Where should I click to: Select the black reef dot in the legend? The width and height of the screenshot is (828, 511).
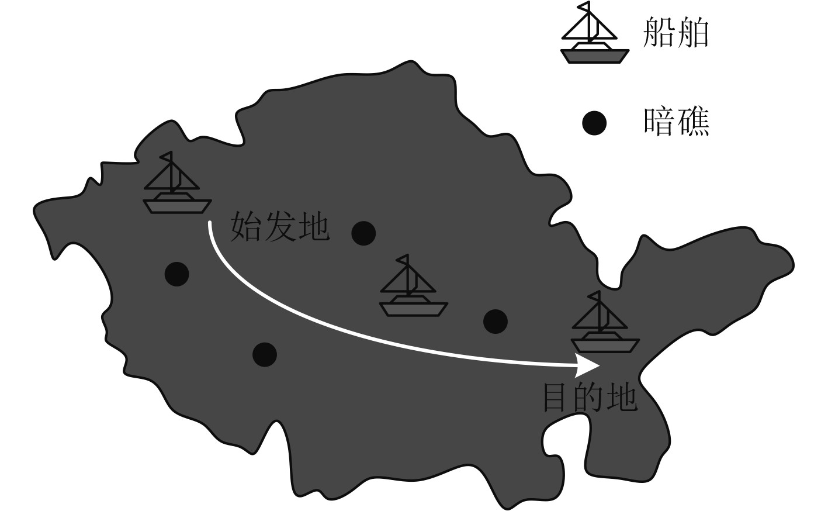point(594,123)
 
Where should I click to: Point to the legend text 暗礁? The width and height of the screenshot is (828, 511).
point(676,122)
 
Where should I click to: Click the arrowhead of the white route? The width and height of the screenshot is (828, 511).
point(588,366)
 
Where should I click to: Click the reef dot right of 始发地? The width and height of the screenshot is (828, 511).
point(363,233)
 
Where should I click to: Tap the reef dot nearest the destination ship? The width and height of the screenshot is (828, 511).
point(496,320)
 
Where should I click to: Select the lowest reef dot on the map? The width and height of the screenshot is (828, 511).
point(265,354)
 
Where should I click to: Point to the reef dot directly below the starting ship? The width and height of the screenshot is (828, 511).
point(176,274)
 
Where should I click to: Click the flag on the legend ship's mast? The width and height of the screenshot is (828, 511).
point(584,6)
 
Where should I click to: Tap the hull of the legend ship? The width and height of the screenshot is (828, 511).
point(594,56)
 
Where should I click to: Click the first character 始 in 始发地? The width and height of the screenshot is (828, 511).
point(246,227)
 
